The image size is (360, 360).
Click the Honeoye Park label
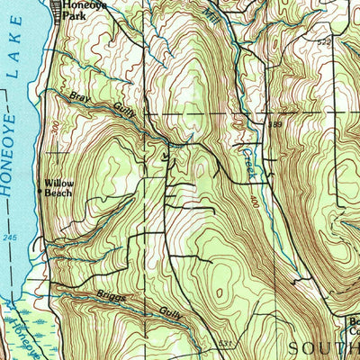click(x=83, y=10)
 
